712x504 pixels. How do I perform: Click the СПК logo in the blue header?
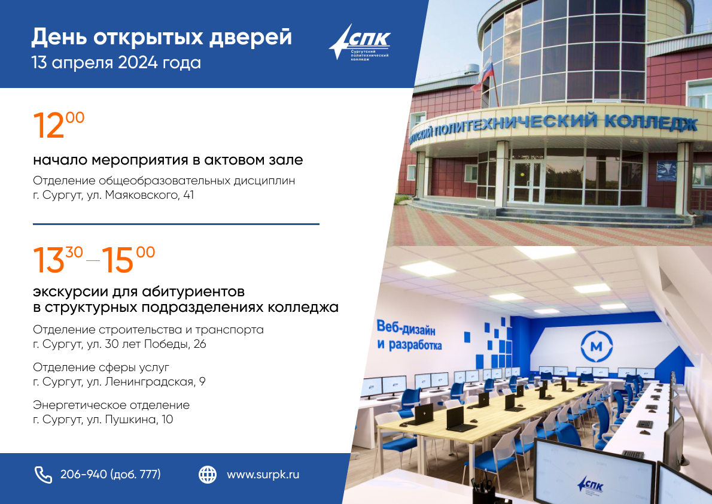360,42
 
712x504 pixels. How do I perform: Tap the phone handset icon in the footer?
43,475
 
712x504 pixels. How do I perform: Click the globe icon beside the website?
208,475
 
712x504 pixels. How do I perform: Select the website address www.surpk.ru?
263,475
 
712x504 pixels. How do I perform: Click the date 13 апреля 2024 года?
116,63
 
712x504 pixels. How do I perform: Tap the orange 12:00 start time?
59,125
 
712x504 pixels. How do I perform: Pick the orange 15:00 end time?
128,260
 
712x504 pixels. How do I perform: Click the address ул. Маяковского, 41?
141,195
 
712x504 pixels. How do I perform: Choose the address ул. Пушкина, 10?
130,419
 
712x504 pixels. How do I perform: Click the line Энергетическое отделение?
111,405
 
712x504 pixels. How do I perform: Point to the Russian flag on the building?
483,74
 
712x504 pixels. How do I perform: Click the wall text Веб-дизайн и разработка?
409,335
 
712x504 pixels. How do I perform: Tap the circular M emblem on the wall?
596,347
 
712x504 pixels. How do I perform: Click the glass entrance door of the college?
527,180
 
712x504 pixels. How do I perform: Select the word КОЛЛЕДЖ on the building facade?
651,123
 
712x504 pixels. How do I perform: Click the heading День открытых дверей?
162,37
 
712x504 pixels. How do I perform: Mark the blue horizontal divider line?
176,224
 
